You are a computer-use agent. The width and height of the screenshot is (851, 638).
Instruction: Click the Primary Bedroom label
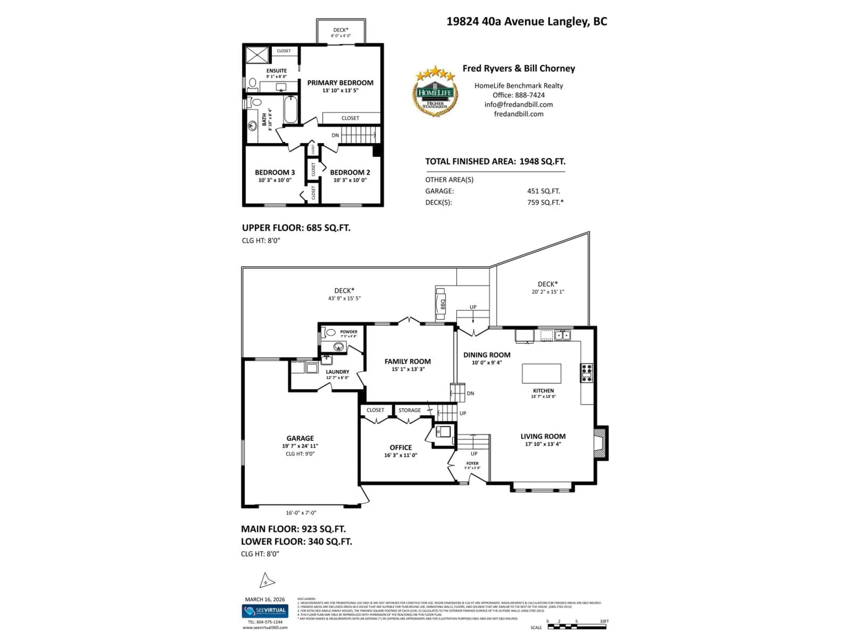(x=340, y=83)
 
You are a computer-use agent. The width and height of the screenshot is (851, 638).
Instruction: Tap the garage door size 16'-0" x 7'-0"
(x=301, y=513)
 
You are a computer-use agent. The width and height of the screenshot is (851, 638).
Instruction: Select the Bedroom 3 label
(x=275, y=172)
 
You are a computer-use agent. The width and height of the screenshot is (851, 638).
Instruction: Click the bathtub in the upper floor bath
(x=291, y=110)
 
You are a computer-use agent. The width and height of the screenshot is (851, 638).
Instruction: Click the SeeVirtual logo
(x=265, y=611)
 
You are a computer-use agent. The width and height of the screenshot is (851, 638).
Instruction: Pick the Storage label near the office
(x=409, y=410)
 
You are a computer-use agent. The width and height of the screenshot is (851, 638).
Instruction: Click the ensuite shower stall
(x=257, y=55)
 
